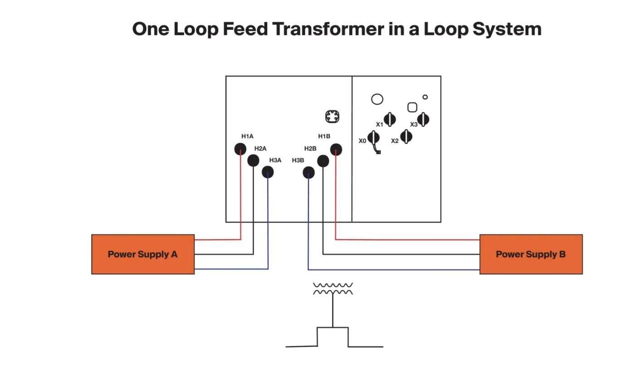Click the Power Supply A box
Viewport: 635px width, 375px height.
143,254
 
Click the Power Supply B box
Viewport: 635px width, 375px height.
531,254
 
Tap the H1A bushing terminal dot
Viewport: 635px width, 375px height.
240,149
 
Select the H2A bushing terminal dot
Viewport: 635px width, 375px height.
253,161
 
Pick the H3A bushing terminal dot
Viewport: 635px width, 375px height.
268,172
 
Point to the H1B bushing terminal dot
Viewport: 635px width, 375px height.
336,149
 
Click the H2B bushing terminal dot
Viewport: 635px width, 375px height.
323,161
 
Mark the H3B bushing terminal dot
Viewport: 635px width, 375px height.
308,173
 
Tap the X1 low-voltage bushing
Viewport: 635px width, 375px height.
390,119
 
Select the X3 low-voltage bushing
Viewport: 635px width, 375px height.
423,119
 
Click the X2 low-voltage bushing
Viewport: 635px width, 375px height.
406,136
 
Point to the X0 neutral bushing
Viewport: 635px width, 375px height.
374,138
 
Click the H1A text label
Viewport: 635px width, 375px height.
248,136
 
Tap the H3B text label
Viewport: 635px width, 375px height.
298,161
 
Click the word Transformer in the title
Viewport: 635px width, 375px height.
328,29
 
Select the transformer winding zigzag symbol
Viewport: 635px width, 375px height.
333,288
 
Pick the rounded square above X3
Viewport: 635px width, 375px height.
412,107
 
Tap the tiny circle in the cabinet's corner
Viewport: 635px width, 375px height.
425,97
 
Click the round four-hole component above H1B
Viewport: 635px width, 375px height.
332,117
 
